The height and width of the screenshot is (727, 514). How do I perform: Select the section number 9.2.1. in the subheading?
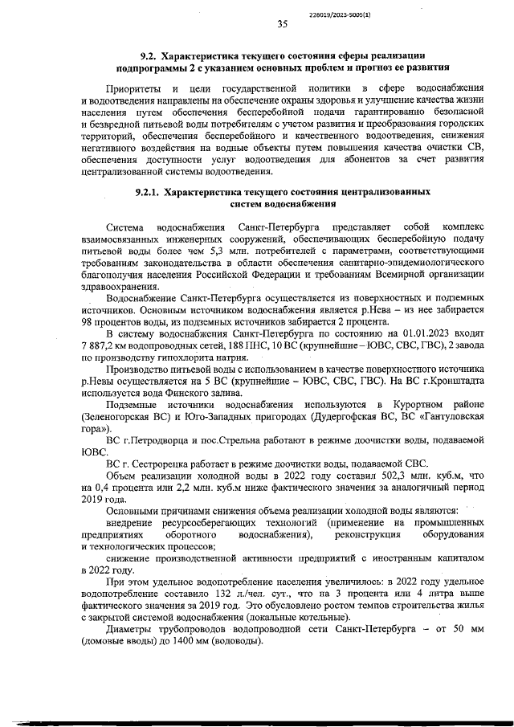[153, 193]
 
